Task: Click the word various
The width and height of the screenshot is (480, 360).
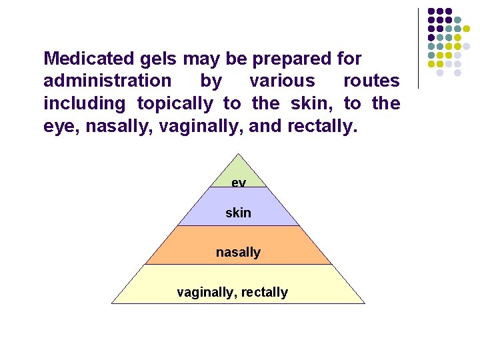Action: pyautogui.click(x=282, y=81)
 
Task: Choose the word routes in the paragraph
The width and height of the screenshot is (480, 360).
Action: pyautogui.click(x=371, y=81)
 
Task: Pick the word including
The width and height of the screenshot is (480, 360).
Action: pyautogui.click(x=84, y=104)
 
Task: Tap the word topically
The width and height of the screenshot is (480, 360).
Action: pyautogui.click(x=175, y=104)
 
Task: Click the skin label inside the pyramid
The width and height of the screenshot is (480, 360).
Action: pyautogui.click(x=238, y=213)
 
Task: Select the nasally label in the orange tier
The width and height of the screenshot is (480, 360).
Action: pyautogui.click(x=238, y=252)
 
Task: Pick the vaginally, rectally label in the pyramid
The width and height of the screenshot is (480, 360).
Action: pyautogui.click(x=232, y=292)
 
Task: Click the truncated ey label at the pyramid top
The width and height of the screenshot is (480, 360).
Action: pyautogui.click(x=238, y=182)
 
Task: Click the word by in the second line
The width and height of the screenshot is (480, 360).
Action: pyautogui.click(x=209, y=81)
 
